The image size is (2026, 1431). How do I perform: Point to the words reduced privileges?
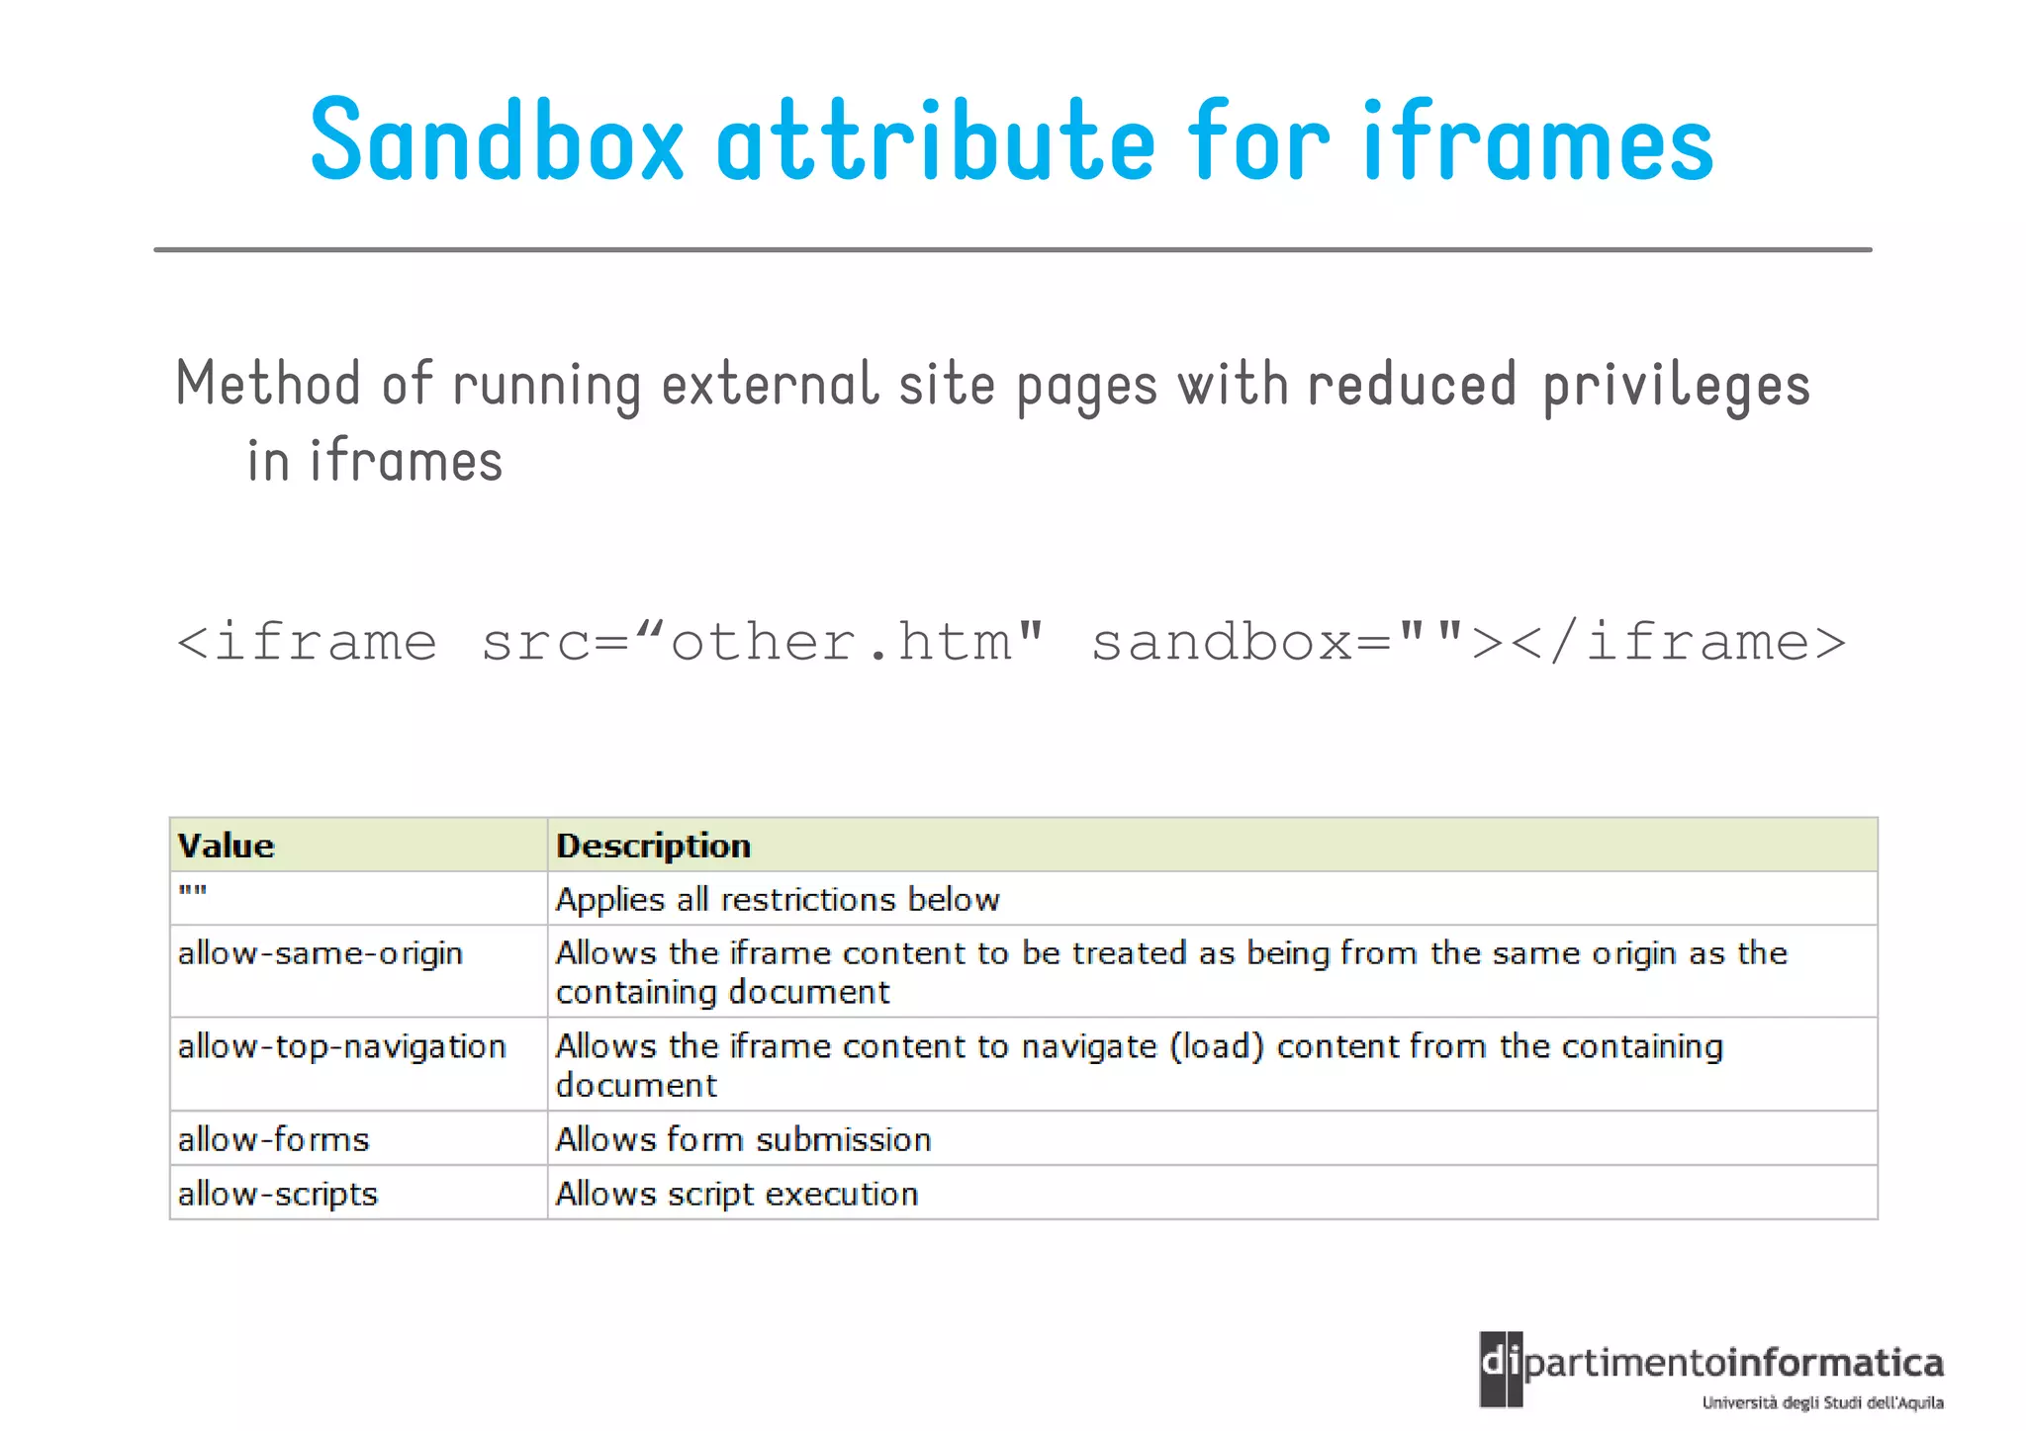pyautogui.click(x=1558, y=386)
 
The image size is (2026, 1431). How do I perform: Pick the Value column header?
pyautogui.click(x=227, y=847)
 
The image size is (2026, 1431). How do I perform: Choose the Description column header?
pyautogui.click(x=653, y=847)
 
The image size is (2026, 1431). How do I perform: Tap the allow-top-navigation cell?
pyautogui.click(x=341, y=1047)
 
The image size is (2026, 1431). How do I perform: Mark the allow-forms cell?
pyautogui.click(x=273, y=1140)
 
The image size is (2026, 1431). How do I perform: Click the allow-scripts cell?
pyautogui.click(x=278, y=1195)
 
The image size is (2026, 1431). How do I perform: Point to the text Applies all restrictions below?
pyautogui.click(x=778, y=900)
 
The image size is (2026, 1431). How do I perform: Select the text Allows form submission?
pyautogui.click(x=743, y=1140)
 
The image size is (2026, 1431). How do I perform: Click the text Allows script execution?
pyautogui.click(x=737, y=1195)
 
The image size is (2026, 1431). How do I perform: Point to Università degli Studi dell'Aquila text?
pyautogui.click(x=1822, y=1402)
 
